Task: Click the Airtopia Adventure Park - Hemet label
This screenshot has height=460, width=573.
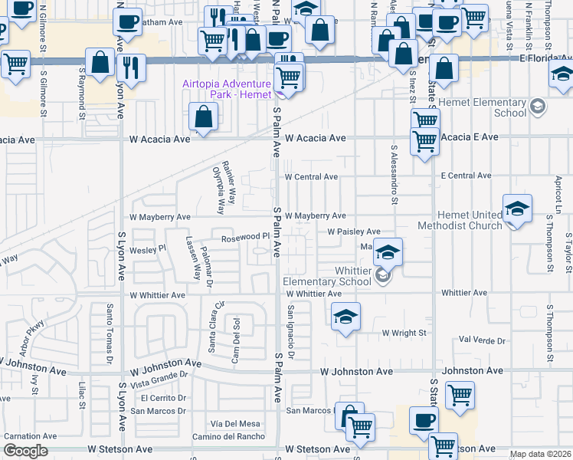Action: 226,89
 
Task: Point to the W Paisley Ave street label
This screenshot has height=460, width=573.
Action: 353,232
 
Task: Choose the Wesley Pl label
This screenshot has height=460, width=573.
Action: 148,249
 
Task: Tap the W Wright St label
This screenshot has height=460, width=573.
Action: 404,333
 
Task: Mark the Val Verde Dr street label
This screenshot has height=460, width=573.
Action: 482,340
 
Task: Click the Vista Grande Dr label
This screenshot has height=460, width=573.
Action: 159,382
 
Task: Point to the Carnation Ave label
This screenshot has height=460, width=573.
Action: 30,436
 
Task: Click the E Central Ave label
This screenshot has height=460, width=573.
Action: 467,176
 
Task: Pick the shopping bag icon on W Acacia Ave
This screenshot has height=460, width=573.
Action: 204,117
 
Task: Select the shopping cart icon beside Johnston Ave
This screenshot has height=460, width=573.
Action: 460,396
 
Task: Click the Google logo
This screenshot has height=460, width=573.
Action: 25,451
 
